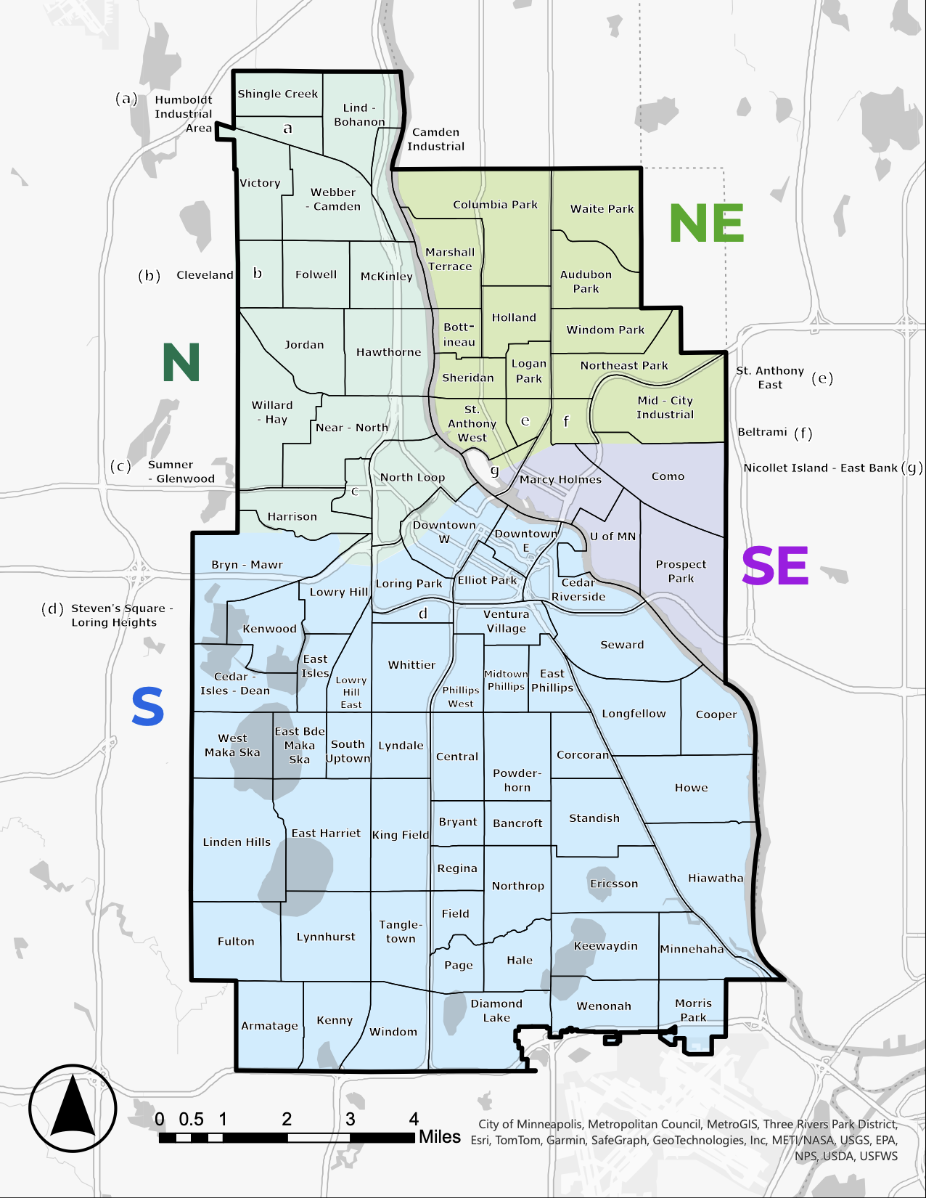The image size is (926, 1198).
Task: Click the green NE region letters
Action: (x=707, y=224)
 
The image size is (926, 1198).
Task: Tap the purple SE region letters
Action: (x=775, y=566)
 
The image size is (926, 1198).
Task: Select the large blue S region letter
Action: (x=148, y=707)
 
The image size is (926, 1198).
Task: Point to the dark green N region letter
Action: (x=181, y=362)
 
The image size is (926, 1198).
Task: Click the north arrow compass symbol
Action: (x=73, y=1108)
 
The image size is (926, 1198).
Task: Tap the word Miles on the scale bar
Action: (x=439, y=1137)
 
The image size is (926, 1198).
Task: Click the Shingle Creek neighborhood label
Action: (x=277, y=94)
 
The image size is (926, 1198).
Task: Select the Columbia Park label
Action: (x=495, y=205)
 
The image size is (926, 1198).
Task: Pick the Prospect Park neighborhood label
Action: (x=681, y=571)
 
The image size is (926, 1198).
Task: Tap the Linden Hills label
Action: (x=237, y=842)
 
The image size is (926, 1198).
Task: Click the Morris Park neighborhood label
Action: (x=693, y=1010)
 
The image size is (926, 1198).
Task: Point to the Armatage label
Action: (x=269, y=1026)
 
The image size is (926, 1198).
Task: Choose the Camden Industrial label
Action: (x=435, y=139)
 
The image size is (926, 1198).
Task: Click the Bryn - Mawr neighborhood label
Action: (x=247, y=565)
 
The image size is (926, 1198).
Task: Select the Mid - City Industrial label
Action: (x=665, y=407)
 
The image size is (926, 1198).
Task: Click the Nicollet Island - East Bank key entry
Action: (x=831, y=468)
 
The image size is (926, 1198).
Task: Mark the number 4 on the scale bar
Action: (x=414, y=1119)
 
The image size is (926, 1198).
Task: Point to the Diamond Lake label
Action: (x=496, y=1011)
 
